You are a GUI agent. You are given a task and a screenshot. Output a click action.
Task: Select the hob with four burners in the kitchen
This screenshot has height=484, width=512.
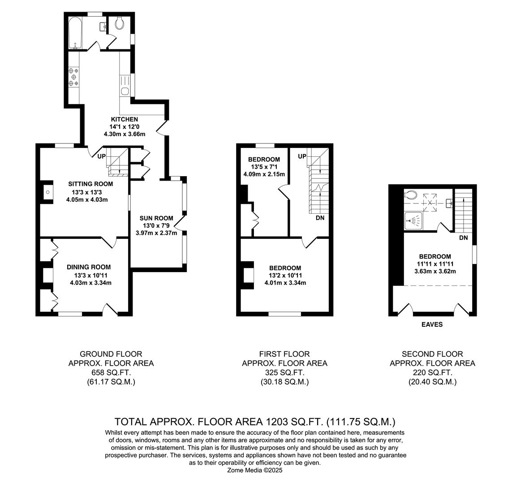[73, 77]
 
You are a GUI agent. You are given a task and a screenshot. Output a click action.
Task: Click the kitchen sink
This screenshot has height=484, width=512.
[125, 91]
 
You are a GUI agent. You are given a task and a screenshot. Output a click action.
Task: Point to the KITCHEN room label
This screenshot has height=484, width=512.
[125, 119]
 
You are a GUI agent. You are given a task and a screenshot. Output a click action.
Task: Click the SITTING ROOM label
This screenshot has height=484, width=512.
[90, 184]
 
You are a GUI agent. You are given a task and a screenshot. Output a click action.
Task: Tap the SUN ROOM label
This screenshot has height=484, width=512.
[156, 218]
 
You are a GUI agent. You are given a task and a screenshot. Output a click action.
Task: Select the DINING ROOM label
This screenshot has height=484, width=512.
[89, 267]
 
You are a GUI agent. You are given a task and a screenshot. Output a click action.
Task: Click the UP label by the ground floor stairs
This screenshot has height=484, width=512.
[102, 156]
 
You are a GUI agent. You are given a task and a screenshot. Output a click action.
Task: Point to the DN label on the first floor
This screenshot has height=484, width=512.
[320, 218]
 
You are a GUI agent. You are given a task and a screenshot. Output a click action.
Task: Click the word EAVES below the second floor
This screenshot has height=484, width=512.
[432, 324]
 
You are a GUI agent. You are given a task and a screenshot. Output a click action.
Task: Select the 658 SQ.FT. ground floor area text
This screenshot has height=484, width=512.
[111, 372]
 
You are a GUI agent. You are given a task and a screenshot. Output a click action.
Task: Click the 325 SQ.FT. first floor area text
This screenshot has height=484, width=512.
[284, 372]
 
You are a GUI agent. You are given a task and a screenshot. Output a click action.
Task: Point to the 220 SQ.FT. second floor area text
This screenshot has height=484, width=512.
[432, 372]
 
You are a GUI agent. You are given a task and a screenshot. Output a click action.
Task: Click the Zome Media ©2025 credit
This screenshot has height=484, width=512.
[255, 471]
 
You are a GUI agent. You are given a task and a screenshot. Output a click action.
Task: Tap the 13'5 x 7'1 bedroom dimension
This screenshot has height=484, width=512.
[264, 167]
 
